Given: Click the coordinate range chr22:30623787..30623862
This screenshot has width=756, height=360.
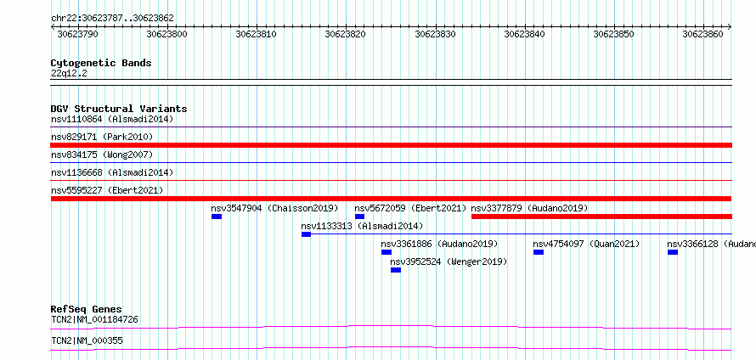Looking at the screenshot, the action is tap(112, 19).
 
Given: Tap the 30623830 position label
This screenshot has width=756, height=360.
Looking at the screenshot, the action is tap(436, 34).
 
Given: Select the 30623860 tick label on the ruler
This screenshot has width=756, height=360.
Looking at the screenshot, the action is tap(704, 34).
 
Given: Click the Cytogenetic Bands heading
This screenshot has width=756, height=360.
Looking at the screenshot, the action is tap(101, 63).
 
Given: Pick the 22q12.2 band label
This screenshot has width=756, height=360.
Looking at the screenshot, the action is tap(69, 74).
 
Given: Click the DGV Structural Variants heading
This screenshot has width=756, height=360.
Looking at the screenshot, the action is tap(119, 109).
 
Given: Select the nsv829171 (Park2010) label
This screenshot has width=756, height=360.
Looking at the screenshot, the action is tap(102, 138).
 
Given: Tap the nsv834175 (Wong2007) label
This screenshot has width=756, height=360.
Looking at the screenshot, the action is tap(102, 155).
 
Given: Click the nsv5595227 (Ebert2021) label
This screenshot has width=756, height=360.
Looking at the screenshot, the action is tap(107, 190).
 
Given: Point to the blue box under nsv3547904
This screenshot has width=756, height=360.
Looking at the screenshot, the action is tap(217, 217).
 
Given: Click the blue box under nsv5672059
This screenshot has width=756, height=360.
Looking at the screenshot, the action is tap(359, 217).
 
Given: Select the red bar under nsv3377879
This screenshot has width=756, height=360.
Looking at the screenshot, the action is tap(601, 217).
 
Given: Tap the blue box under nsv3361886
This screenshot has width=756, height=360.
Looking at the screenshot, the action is tap(386, 252).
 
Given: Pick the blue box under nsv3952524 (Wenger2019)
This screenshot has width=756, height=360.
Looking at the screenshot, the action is tap(396, 270).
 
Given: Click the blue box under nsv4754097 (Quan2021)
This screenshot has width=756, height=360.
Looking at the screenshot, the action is tap(539, 252).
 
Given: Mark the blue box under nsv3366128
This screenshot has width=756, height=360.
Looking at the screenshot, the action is tap(673, 252).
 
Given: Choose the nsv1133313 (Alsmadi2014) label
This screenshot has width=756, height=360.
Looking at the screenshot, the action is tap(362, 226).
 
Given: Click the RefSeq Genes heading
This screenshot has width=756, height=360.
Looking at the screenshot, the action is tap(87, 309).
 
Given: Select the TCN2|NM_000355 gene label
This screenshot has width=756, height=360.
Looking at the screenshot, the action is tap(87, 341).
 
